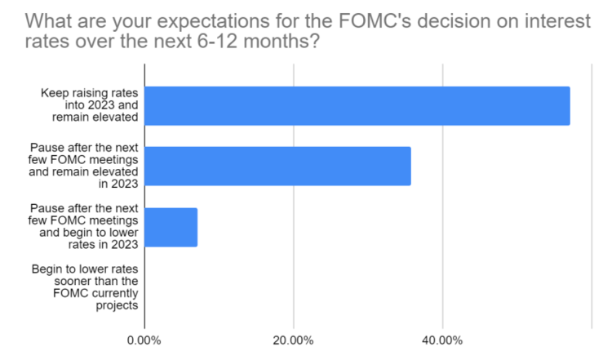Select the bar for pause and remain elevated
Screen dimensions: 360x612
pyautogui.click(x=277, y=167)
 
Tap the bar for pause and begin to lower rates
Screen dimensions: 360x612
pyautogui.click(x=171, y=227)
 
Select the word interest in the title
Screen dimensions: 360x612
pyautogui.click(x=557, y=22)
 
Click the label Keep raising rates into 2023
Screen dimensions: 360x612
pyautogui.click(x=89, y=105)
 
